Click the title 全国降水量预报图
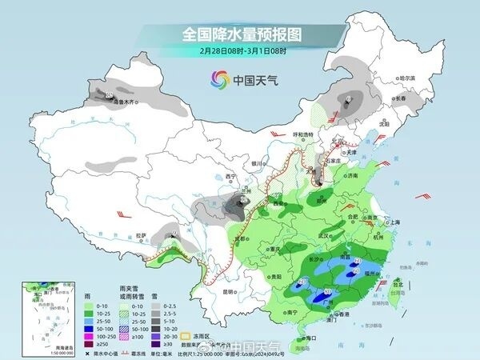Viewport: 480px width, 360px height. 239,34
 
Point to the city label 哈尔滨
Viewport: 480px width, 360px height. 408,78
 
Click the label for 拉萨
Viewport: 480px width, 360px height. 142,235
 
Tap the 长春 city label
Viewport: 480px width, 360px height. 398,98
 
